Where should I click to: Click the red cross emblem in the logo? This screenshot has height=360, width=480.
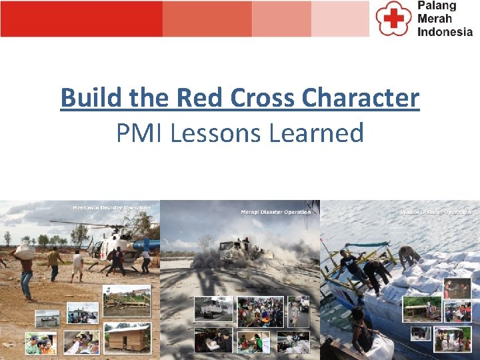(x=392, y=18)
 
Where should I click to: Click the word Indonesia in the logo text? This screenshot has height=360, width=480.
(x=445, y=31)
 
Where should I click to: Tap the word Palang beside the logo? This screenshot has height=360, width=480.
(x=437, y=6)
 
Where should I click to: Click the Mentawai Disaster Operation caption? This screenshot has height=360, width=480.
(x=111, y=207)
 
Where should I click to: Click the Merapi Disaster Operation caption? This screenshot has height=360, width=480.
(x=275, y=212)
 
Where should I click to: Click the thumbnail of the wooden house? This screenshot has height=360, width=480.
(x=127, y=338)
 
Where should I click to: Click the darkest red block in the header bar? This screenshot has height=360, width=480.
(x=81, y=19)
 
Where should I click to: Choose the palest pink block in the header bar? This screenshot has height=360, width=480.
(x=339, y=19)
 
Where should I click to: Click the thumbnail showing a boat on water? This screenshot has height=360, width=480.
(x=47, y=318)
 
